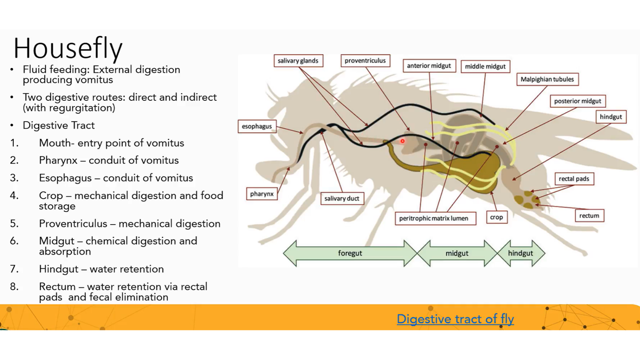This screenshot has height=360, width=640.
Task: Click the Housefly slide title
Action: point(68,49)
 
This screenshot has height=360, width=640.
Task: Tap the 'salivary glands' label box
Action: point(298,61)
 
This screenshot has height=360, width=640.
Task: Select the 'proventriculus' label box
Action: point(365,61)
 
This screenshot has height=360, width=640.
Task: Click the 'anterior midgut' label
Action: point(429,66)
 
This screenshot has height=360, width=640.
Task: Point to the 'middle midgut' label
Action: point(485,66)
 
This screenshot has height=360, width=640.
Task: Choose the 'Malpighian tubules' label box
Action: point(547,79)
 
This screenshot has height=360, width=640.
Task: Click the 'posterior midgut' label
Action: point(577,101)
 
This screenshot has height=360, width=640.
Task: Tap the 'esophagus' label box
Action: point(257,126)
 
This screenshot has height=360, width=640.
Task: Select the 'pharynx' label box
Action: point(262,194)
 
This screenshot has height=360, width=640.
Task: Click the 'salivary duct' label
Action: point(342,199)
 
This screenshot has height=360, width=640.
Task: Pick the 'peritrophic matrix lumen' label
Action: point(433,218)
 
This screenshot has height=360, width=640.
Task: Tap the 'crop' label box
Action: point(496,217)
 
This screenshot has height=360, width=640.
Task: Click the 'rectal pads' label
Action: point(574,179)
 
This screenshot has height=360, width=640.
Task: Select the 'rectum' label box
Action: point(589,216)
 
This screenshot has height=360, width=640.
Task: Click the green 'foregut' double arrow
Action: point(350,253)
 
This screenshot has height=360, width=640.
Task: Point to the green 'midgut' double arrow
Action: point(457,253)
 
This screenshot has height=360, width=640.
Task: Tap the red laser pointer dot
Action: point(403,141)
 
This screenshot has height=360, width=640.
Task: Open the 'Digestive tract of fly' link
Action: point(455,319)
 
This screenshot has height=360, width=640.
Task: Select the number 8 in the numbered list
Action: point(14,287)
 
